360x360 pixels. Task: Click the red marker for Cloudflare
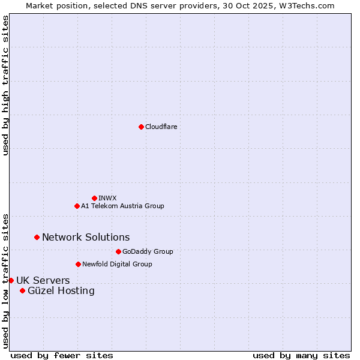141,127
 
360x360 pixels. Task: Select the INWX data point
94,198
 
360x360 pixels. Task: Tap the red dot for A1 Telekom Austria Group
77,206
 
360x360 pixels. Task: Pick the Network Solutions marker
37,237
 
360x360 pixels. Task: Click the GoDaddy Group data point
118,251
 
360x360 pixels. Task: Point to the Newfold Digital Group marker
78,264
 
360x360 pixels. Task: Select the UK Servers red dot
11,280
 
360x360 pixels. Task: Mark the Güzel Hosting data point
22,290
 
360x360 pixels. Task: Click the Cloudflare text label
161,127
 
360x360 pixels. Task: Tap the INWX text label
107,198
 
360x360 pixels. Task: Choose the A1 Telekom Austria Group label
122,206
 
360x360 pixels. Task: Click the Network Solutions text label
86,237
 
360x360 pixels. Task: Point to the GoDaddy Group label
148,251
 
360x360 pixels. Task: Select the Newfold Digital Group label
117,264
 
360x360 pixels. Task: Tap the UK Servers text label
43,280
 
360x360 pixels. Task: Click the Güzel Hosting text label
61,290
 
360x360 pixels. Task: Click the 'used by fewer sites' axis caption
62,355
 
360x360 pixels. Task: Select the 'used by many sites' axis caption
301,355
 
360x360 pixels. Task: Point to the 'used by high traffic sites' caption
5,85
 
